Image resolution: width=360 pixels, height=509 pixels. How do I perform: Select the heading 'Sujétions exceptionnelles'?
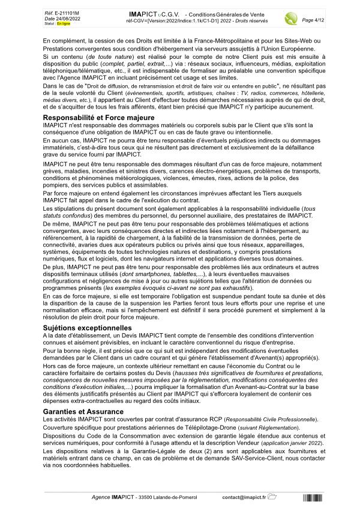coord(88,328)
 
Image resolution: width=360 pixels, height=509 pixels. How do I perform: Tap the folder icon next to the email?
coord(272,496)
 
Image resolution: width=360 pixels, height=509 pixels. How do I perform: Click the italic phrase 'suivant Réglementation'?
coord(292,427)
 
